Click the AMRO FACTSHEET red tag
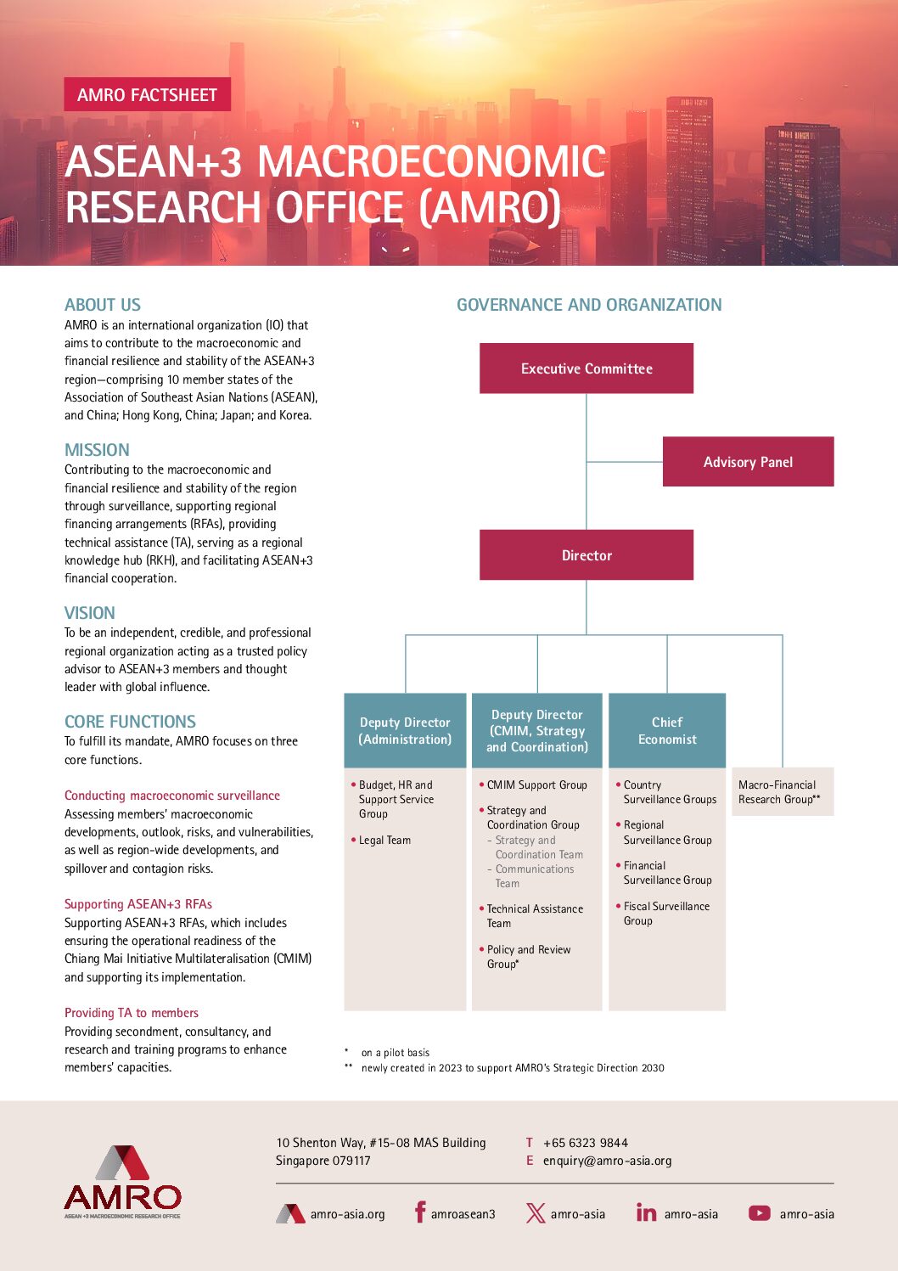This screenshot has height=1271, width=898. coord(147,95)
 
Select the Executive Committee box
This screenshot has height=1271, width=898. coord(586,368)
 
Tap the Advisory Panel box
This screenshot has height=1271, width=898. coord(748,462)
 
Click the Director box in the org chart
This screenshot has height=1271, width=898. coord(586,555)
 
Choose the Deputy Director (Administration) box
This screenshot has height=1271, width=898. coord(405,731)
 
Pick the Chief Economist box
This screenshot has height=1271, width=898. coord(667,731)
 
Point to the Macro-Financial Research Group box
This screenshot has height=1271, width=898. coord(782,792)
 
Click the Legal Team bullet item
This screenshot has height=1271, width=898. coord(384,841)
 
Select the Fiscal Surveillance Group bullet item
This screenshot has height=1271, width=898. coord(665,914)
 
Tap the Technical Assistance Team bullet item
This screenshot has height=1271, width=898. coord(534,916)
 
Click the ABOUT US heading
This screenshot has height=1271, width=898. coord(103,305)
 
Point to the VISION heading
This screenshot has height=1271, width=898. coord(89,613)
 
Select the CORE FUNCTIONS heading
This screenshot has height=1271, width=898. coord(130,722)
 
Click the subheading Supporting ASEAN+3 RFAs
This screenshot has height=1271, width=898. coord(138,904)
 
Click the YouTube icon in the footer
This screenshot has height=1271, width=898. coord(759,1213)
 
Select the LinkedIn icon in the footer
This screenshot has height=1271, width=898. coord(646,1213)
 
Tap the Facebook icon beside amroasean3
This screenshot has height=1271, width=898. coord(419,1212)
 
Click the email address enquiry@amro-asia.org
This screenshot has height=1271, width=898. coord(607,1161)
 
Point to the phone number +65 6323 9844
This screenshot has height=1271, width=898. coord(585,1143)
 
